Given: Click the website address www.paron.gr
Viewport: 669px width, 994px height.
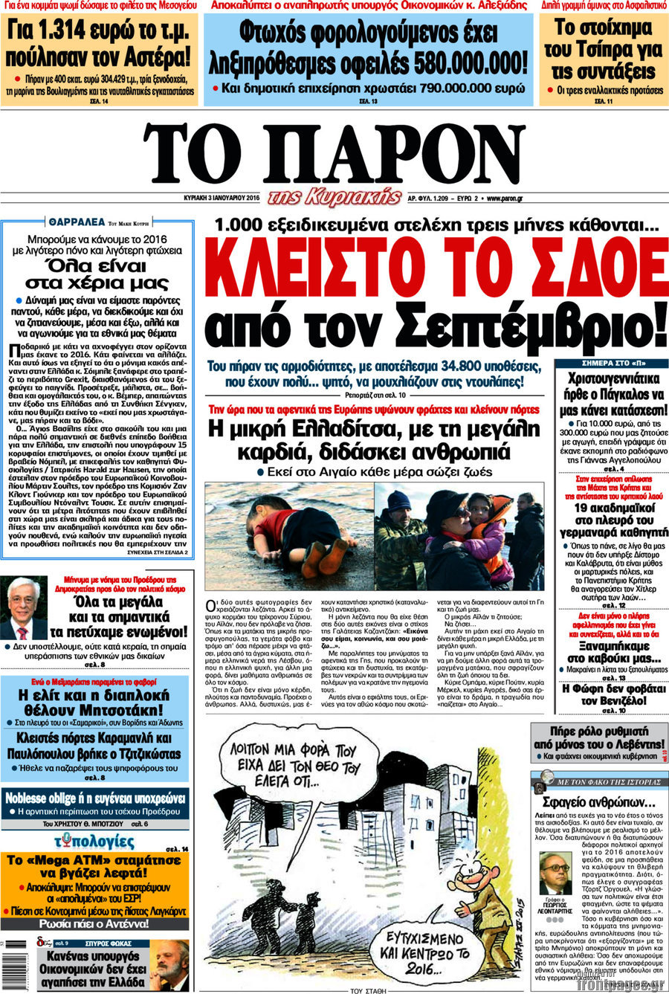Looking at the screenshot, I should point(505,199).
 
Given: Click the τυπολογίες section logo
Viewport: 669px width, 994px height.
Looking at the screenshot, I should point(94,842).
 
